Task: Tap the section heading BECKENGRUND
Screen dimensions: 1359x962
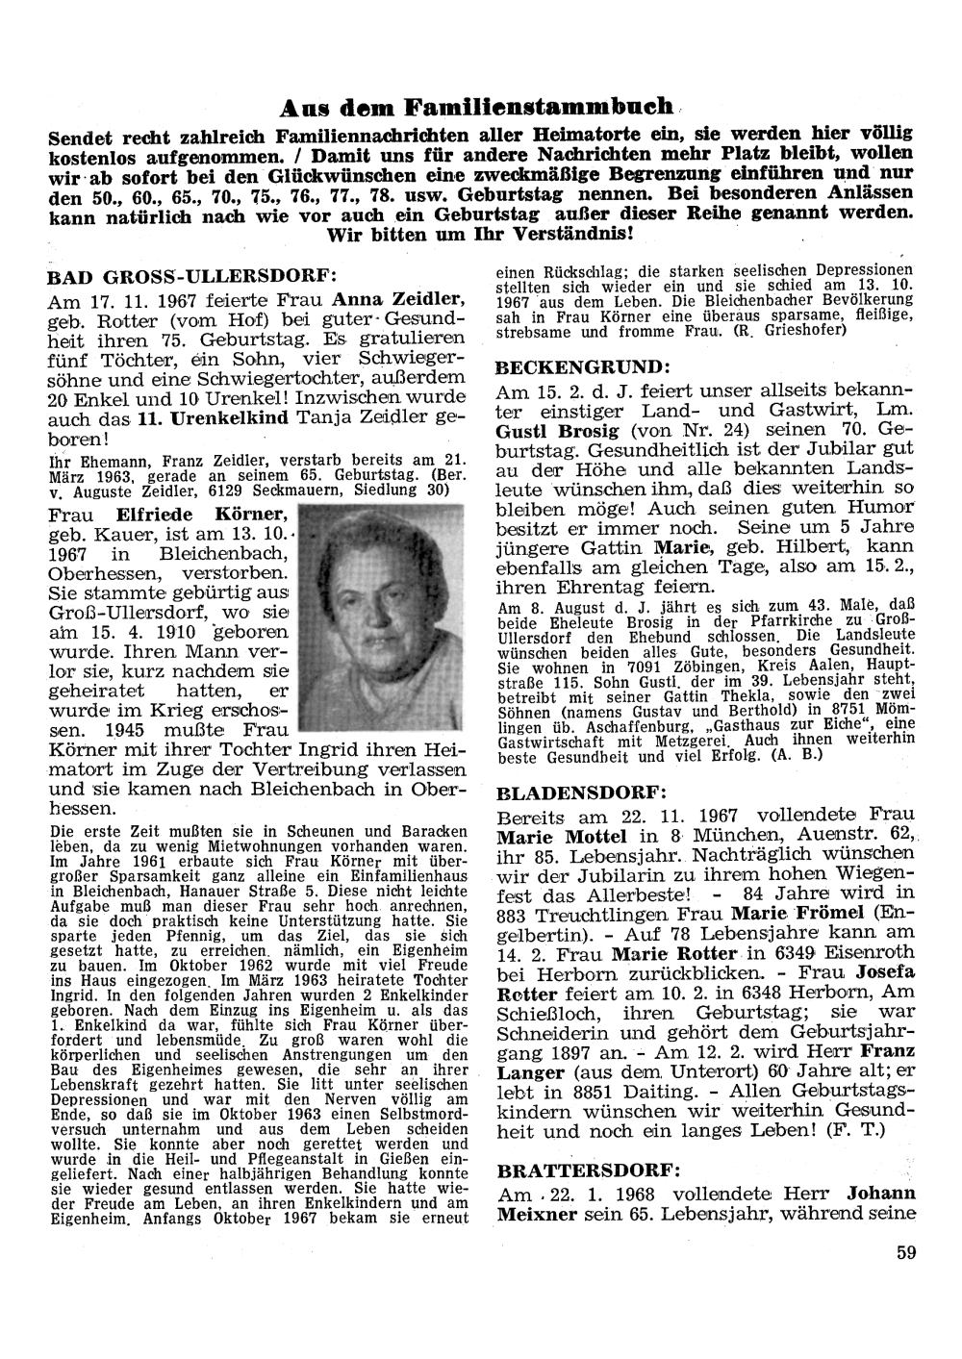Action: tap(580, 367)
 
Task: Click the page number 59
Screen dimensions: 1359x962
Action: tap(904, 1251)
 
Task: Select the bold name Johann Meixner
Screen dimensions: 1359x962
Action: tap(704, 1203)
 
